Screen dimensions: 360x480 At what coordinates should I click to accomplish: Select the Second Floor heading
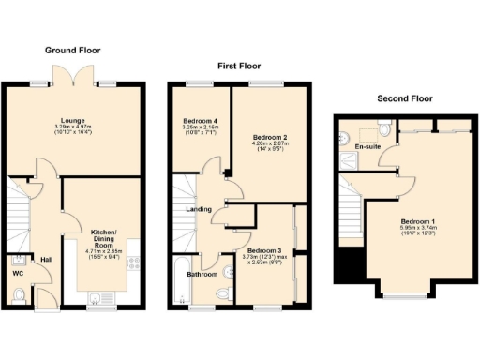(404, 97)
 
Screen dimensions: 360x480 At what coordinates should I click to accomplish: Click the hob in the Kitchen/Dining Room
(133, 263)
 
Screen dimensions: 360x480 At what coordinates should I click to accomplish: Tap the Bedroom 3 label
(264, 251)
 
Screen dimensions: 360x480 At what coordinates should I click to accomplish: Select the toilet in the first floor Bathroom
(221, 295)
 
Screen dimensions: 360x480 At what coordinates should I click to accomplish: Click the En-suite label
(367, 146)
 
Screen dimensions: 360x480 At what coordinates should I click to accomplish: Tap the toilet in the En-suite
(382, 127)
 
